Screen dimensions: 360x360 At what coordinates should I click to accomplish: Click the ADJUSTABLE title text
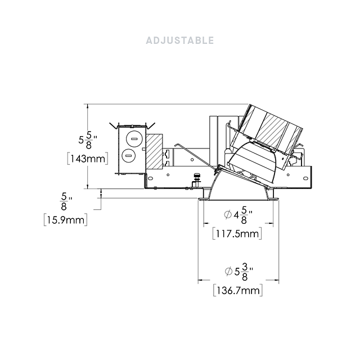point(180,40)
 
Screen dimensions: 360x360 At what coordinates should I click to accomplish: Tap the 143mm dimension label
point(88,159)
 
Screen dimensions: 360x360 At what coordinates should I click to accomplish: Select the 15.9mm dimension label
point(66,220)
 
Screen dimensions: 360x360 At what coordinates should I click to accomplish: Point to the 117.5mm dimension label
point(237,234)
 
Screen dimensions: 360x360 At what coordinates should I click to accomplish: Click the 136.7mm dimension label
point(238,291)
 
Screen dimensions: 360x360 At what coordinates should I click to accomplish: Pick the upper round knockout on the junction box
point(134,139)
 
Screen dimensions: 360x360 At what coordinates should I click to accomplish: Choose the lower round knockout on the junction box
point(129,156)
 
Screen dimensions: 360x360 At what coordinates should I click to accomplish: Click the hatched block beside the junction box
point(154,151)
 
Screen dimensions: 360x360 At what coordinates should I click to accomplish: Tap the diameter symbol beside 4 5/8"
point(228,215)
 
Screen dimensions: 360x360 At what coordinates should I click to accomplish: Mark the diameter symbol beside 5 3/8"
point(228,272)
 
